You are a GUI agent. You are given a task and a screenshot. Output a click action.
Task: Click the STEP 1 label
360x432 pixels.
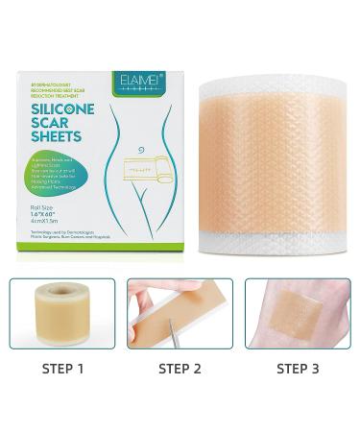click(x=64, y=368)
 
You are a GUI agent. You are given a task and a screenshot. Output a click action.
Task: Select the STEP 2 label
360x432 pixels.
click(x=179, y=368)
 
